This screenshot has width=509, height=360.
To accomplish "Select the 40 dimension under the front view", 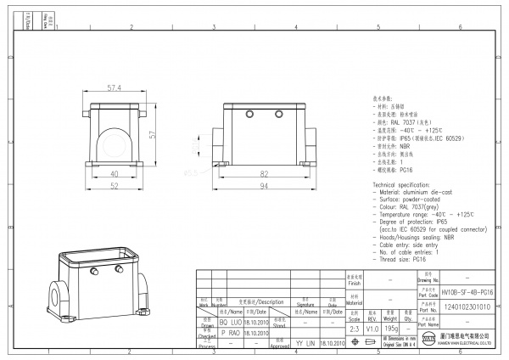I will (114, 173).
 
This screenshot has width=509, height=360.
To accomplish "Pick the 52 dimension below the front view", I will (114, 186).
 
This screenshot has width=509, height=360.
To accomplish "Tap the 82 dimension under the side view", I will (265, 173).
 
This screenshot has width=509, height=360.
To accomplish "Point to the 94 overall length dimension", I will (265, 186).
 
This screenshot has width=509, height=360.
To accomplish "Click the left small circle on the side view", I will (250, 114).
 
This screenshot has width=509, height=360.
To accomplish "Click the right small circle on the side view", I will (279, 114).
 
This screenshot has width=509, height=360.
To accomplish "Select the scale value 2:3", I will (355, 328).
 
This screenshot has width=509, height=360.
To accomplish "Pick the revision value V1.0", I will (372, 328).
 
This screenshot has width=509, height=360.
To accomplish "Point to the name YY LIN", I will (305, 342).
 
